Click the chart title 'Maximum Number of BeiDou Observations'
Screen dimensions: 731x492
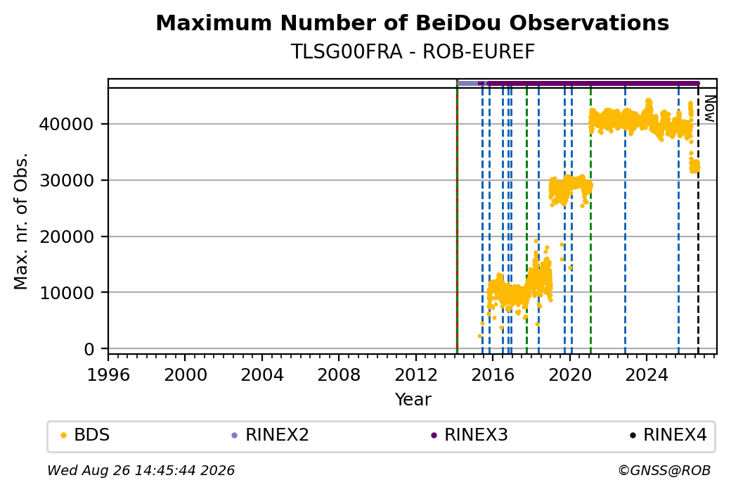coord(412,23)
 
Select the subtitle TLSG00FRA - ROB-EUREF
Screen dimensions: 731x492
coord(413,52)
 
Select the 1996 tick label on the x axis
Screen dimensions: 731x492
coord(109,375)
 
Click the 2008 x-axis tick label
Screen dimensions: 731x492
coord(339,375)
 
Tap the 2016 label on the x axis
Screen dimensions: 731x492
coord(493,375)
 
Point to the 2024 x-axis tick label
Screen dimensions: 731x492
coord(647,375)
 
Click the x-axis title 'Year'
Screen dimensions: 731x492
coord(413,400)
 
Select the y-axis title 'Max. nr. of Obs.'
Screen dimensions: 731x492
coord(21,221)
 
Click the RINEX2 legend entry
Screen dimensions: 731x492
coord(270,435)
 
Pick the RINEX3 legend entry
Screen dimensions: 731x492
coord(469,435)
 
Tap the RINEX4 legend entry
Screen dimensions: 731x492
coord(668,435)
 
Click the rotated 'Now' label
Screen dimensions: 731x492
coord(709,108)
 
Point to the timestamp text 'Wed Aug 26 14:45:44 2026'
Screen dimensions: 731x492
coord(141,470)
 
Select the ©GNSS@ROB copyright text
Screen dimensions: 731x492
coord(664,470)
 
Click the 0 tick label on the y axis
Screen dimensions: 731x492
coord(89,349)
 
